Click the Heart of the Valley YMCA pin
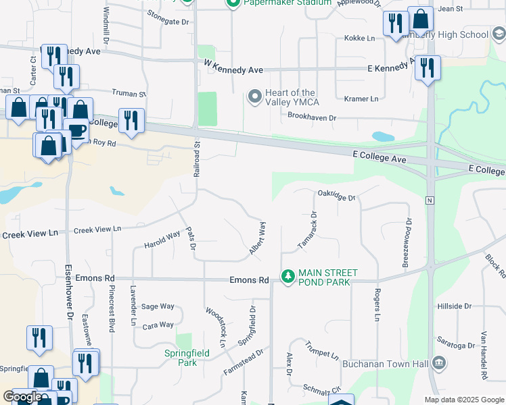click(x=255, y=97)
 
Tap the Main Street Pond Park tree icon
click(x=288, y=276)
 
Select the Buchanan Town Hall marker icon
click(x=440, y=364)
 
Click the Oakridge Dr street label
click(x=336, y=196)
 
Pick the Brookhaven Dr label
click(x=312, y=117)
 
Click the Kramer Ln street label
click(x=361, y=99)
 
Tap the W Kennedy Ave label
click(x=233, y=70)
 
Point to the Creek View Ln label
click(x=97, y=230)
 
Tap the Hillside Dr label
click(x=454, y=306)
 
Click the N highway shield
click(x=430, y=200)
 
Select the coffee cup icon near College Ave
click(x=75, y=130)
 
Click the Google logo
click(x=22, y=398)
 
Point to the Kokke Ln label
click(x=359, y=38)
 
